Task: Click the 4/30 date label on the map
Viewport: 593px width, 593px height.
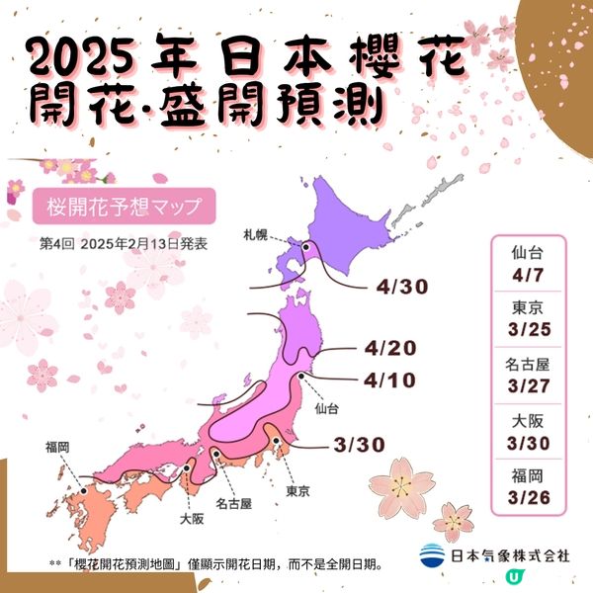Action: pos(400,288)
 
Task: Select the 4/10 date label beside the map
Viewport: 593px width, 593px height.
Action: pos(388,380)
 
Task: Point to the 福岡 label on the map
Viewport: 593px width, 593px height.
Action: pos(57,448)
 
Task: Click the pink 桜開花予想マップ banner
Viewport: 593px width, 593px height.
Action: pos(124,208)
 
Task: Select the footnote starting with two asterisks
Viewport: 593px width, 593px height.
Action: pos(215,564)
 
